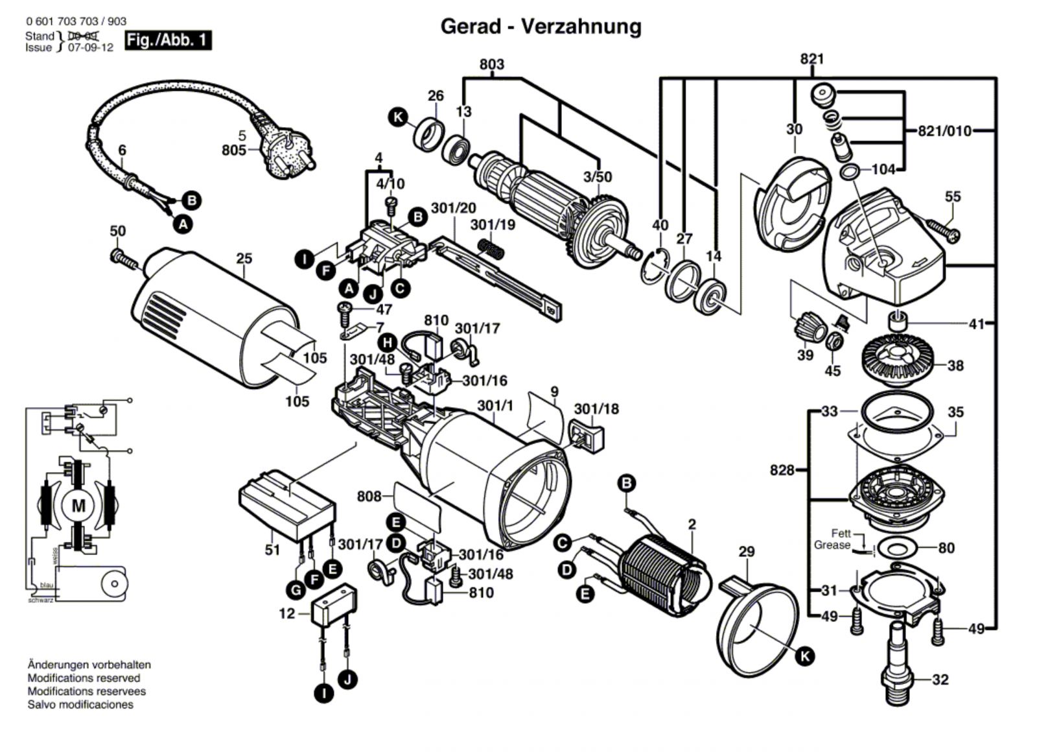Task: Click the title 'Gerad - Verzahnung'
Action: (x=541, y=27)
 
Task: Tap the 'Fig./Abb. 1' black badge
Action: (x=167, y=40)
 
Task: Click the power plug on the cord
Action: (x=286, y=156)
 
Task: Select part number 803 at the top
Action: (x=492, y=64)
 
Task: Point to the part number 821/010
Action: (x=944, y=131)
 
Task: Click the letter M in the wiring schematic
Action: (x=78, y=506)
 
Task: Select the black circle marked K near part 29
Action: (x=805, y=656)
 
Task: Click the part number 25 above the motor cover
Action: (x=244, y=259)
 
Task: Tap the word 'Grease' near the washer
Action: (x=832, y=545)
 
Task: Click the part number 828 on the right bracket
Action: (x=782, y=469)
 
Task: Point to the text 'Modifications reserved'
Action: (x=84, y=678)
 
